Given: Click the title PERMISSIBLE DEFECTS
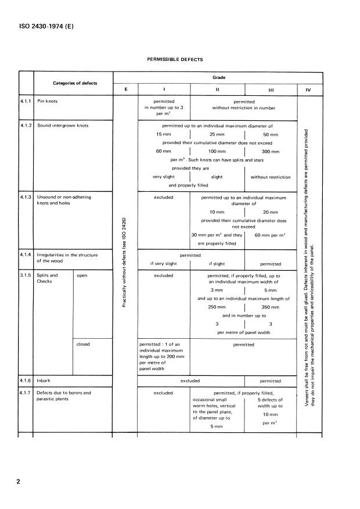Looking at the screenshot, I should tap(175, 59).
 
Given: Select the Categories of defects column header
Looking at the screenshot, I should tap(75, 83).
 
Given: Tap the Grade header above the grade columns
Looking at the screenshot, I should tap(218, 77).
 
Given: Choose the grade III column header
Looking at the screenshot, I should tap(270, 89).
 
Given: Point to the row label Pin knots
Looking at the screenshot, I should tap(48, 101).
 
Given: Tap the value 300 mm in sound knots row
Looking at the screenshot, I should tap(270, 151).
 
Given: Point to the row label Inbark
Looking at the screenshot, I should tap(44, 381).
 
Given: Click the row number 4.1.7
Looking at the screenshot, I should tap(26, 393).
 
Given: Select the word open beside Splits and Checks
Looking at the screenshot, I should tap(82, 275).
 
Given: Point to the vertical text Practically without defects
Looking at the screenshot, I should tap(124, 263).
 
